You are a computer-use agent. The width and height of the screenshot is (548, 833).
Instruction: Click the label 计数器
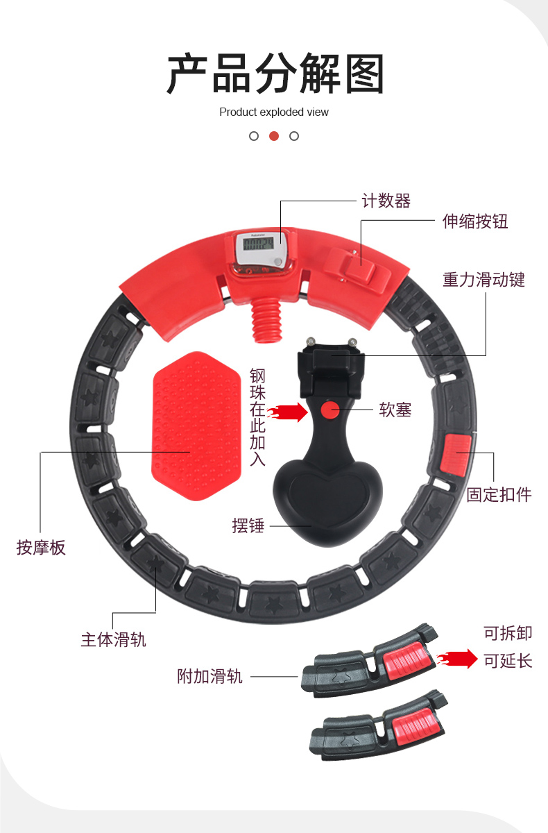click(x=386, y=201)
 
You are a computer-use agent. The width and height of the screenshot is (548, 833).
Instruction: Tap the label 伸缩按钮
click(x=474, y=221)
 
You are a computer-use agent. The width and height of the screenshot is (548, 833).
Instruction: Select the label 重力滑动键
click(x=483, y=280)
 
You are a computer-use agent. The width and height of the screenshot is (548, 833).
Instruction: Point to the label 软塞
click(x=395, y=410)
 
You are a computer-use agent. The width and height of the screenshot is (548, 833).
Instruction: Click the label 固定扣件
click(x=499, y=494)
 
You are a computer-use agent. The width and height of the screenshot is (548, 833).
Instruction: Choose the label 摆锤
click(x=248, y=525)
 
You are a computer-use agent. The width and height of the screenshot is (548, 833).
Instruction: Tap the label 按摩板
click(x=41, y=548)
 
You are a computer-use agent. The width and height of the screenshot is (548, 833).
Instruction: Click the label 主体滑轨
click(x=113, y=639)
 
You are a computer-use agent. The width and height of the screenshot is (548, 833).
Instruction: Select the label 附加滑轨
click(x=209, y=676)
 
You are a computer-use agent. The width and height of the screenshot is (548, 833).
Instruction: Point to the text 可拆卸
click(x=508, y=633)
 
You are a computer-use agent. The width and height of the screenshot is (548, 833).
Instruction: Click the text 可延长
click(x=508, y=661)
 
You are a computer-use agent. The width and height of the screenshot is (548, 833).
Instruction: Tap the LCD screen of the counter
click(x=258, y=244)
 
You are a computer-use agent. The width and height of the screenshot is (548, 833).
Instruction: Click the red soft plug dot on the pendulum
click(x=330, y=410)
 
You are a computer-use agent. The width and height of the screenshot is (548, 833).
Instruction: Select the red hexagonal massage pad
click(x=196, y=426)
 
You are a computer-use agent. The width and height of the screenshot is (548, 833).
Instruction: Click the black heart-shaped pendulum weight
click(x=327, y=502)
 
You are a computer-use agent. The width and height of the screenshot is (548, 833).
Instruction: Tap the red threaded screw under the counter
click(x=267, y=320)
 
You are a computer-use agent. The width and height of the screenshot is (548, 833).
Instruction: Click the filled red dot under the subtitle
click(x=274, y=136)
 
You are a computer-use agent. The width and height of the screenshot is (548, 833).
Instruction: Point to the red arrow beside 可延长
click(x=457, y=659)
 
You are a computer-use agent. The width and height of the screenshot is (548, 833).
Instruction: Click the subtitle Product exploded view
click(x=274, y=112)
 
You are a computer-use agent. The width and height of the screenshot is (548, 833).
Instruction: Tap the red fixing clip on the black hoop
click(x=456, y=455)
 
